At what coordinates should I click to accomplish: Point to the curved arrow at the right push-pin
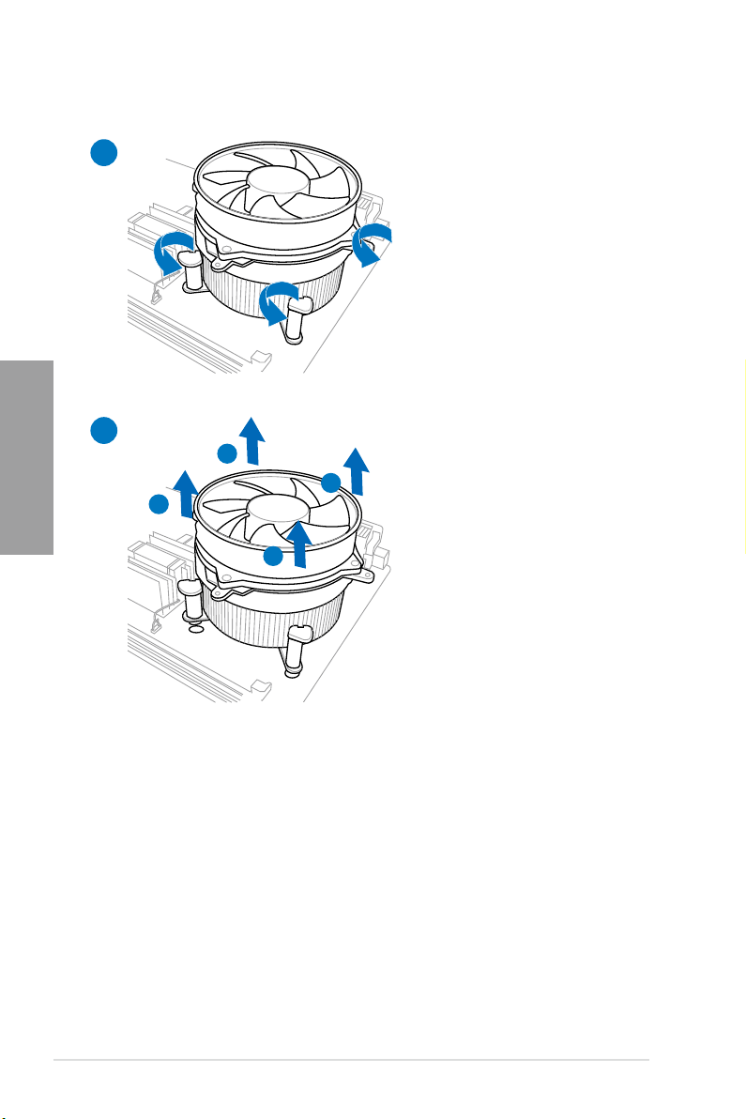pos(373,242)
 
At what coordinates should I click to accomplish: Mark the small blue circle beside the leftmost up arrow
pos(159,505)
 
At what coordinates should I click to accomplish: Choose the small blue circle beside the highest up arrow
pos(226,453)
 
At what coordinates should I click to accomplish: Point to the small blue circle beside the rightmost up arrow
pos(329,483)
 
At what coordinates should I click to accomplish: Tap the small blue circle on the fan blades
pos(273,556)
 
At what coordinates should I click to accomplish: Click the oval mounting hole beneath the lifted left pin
pos(194,628)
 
